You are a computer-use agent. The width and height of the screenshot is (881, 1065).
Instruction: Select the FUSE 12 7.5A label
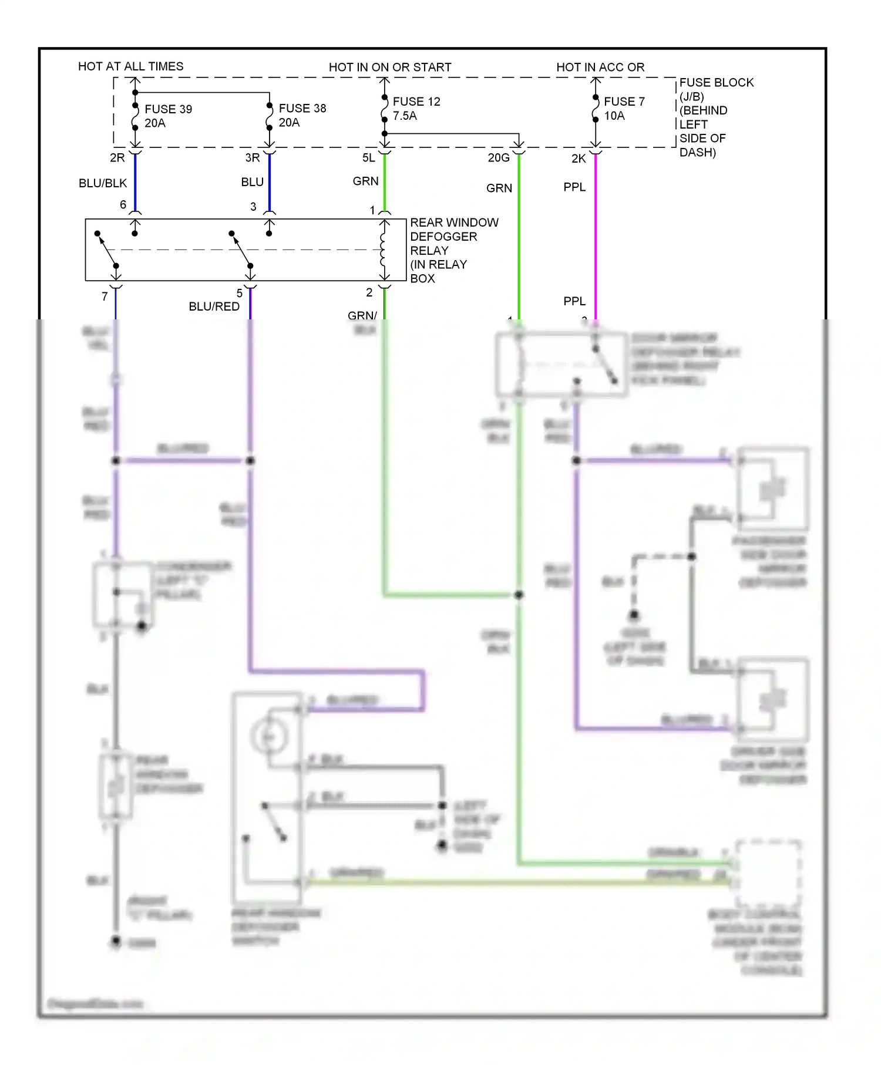(x=416, y=109)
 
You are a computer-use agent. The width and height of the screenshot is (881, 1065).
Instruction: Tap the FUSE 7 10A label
(x=624, y=109)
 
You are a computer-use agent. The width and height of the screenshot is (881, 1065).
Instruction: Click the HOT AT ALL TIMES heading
(x=130, y=66)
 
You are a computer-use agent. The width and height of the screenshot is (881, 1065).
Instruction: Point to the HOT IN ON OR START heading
(x=390, y=67)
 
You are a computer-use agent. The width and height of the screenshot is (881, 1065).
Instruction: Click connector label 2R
(x=117, y=157)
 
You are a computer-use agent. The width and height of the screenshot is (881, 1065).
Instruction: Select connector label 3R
(x=253, y=157)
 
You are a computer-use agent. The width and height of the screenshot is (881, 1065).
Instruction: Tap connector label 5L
(x=369, y=157)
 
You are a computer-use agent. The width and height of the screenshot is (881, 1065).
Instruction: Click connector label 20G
(x=499, y=157)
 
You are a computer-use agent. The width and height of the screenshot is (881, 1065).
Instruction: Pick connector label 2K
(x=579, y=159)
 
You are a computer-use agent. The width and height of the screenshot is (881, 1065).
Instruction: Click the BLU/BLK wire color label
(x=103, y=183)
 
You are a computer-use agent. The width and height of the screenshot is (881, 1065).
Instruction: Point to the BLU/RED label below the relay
(x=214, y=306)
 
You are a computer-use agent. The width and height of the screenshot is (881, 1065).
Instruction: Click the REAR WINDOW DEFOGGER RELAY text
(x=453, y=250)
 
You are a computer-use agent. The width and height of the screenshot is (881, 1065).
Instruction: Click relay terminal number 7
(x=105, y=296)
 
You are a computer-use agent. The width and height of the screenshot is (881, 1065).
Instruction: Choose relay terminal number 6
(x=123, y=204)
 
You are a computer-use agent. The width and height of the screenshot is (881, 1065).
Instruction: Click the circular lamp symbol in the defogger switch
(x=269, y=736)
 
